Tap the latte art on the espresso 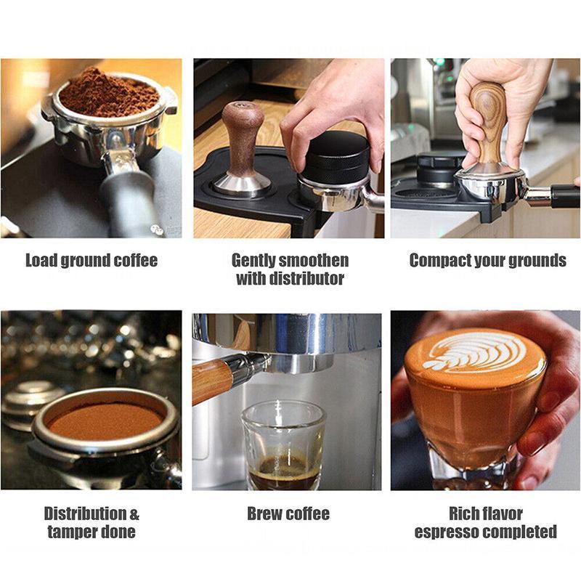(x=476, y=352)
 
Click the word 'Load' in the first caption (x=41, y=260)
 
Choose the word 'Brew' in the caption (x=264, y=514)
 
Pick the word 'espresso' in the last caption (x=445, y=532)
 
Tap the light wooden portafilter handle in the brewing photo (x=212, y=379)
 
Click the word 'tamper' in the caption (x=71, y=532)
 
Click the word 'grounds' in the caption (x=536, y=260)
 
